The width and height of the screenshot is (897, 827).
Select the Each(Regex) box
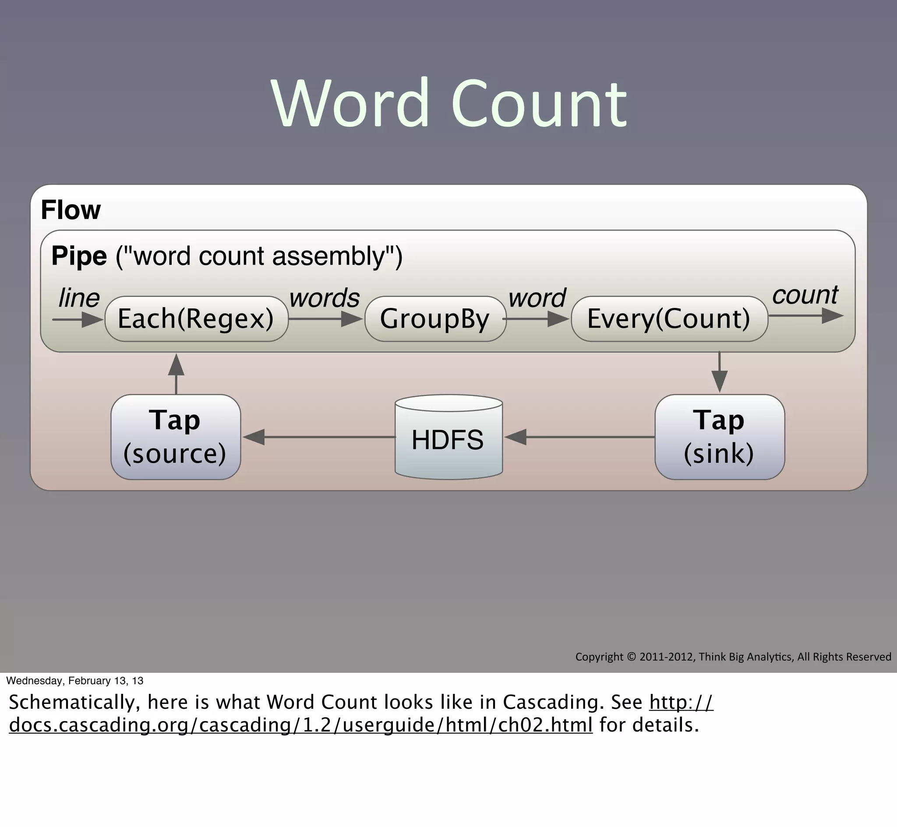(196, 319)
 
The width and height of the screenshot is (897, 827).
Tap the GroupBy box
(435, 319)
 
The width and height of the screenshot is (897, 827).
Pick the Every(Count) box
(669, 319)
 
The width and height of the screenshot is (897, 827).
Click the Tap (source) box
(175, 437)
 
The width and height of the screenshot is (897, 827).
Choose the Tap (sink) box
(719, 437)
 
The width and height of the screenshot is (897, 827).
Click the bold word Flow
(71, 210)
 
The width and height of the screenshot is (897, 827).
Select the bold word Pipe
(79, 256)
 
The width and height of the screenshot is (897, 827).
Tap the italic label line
(79, 298)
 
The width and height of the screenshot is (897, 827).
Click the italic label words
(324, 298)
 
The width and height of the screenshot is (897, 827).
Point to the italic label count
(805, 295)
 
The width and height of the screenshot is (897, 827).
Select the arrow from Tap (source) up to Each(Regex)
(176, 374)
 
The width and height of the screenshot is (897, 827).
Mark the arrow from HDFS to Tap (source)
(318, 437)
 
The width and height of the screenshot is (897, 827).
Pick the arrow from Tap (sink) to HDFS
(579, 437)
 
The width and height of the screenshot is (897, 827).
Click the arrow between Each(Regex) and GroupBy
(325, 319)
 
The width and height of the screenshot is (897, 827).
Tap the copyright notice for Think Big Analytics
(733, 657)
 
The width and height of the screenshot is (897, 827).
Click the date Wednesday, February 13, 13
(75, 681)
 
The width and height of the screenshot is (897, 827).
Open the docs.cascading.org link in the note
(300, 725)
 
